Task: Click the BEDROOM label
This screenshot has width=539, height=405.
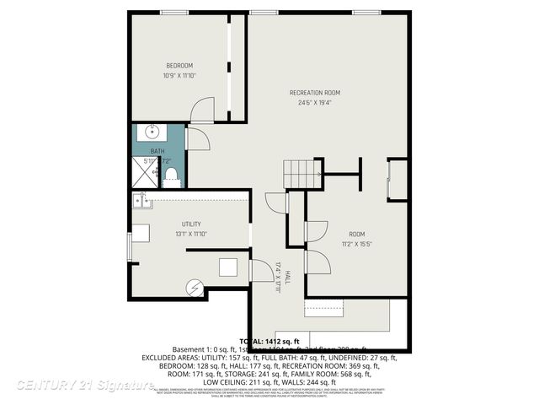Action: pos(179,66)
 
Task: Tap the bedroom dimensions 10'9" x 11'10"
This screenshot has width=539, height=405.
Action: pos(179,76)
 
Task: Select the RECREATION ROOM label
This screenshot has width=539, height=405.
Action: pos(315,93)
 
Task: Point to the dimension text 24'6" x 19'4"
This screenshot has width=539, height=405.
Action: pos(315,103)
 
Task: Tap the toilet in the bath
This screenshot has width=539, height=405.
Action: pos(171,174)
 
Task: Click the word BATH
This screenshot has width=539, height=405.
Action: pos(157,151)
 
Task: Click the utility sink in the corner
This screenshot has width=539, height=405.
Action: pos(141,201)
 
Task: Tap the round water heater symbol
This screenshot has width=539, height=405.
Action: pos(195,289)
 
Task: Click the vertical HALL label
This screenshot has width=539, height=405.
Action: pos(286,277)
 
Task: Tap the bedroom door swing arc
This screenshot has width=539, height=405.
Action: pos(202,110)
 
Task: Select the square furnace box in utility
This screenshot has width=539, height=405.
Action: pos(229,267)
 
